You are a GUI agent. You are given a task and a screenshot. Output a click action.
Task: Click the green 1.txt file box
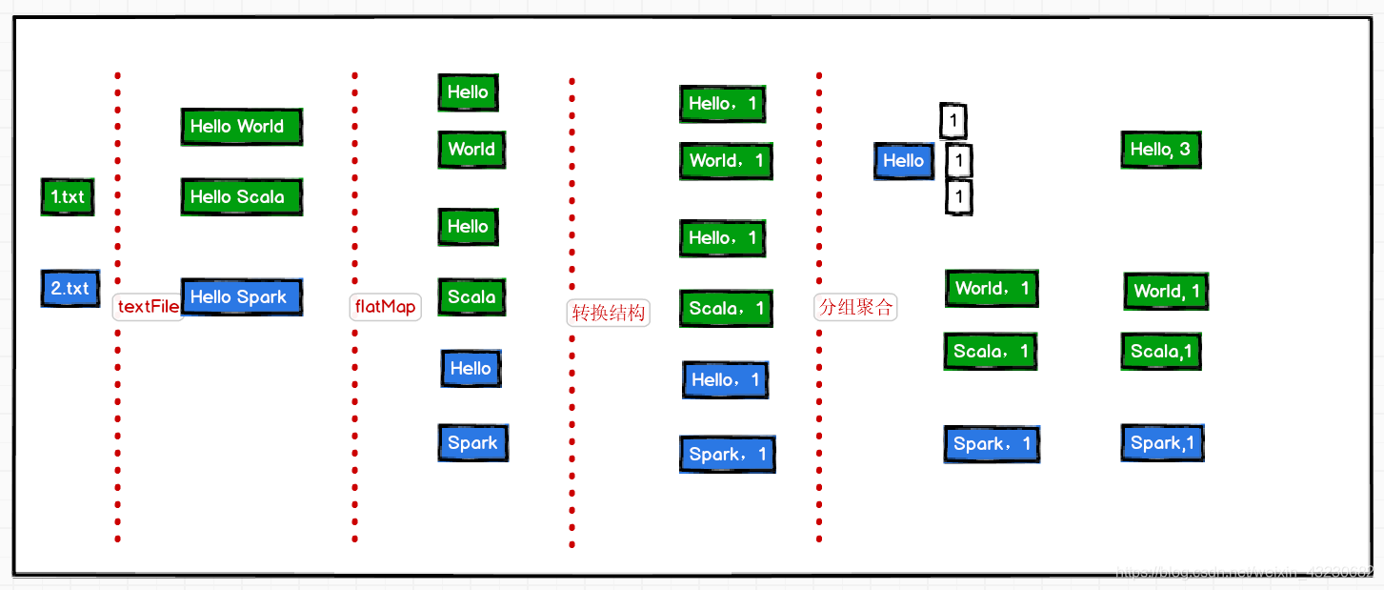pyautogui.click(x=68, y=197)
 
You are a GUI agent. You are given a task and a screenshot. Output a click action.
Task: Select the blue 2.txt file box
pyautogui.click(x=70, y=288)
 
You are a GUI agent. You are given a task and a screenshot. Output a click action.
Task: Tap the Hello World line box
pyautogui.click(x=241, y=126)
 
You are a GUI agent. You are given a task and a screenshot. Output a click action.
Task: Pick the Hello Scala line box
pyautogui.click(x=241, y=196)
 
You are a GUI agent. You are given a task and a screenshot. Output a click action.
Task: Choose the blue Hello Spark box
pyautogui.click(x=241, y=296)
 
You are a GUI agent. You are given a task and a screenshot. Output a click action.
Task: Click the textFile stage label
pyautogui.click(x=148, y=307)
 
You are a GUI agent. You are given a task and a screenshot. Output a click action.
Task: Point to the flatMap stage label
pyautogui.click(x=385, y=307)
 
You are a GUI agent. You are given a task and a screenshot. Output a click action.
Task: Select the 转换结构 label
pyautogui.click(x=608, y=313)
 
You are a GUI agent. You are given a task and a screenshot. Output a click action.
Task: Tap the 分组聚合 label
pyautogui.click(x=855, y=307)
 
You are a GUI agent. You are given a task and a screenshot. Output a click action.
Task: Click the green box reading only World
pyautogui.click(x=471, y=150)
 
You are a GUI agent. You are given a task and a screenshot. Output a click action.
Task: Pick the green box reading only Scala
pyautogui.click(x=471, y=297)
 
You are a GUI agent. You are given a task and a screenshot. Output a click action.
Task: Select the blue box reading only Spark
pyautogui.click(x=472, y=442)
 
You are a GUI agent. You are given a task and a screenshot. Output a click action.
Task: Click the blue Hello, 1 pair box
pyautogui.click(x=725, y=379)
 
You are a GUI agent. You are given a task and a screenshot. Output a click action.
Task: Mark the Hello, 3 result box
pyautogui.click(x=1160, y=150)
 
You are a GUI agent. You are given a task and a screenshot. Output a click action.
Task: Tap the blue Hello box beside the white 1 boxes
pyautogui.click(x=903, y=161)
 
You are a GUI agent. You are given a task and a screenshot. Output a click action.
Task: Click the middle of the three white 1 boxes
pyautogui.click(x=959, y=160)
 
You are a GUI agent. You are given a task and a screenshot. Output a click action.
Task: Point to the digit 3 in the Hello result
pyautogui.click(x=1184, y=150)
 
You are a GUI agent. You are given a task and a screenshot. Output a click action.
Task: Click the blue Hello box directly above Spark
pyautogui.click(x=471, y=369)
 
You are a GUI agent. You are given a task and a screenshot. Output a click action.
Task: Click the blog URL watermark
pyautogui.click(x=1244, y=573)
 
